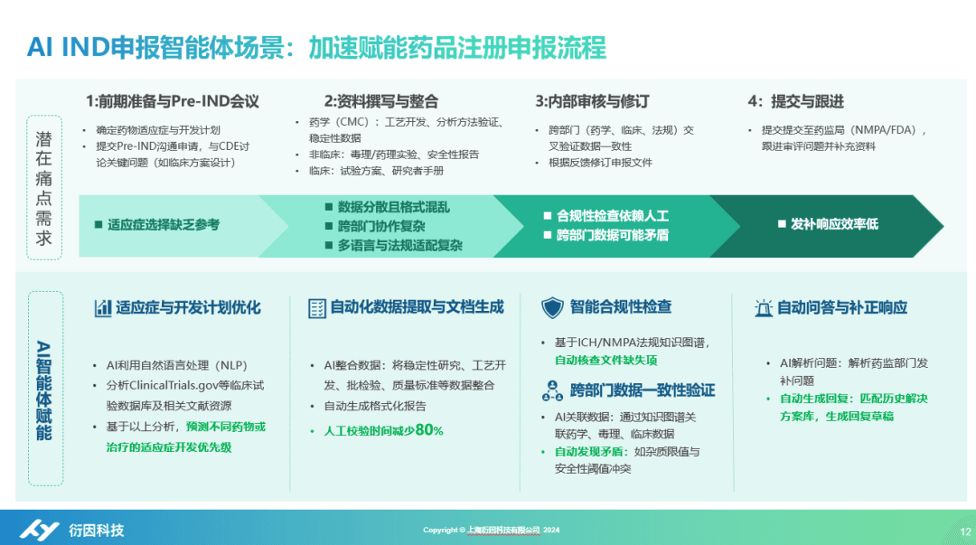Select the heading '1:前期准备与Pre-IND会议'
click(173, 101)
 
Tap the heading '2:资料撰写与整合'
click(380, 101)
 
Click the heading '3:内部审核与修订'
click(591, 101)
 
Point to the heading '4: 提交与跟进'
click(795, 101)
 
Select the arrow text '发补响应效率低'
click(833, 224)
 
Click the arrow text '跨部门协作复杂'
click(380, 226)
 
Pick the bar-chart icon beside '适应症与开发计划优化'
click(103, 308)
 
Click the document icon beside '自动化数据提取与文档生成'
click(316, 308)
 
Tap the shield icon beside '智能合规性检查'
click(552, 307)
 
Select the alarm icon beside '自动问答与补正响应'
click(764, 308)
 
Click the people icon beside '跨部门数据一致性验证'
click(552, 390)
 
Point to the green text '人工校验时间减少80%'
click(383, 430)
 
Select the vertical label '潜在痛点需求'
click(44, 188)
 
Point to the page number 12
click(964, 531)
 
